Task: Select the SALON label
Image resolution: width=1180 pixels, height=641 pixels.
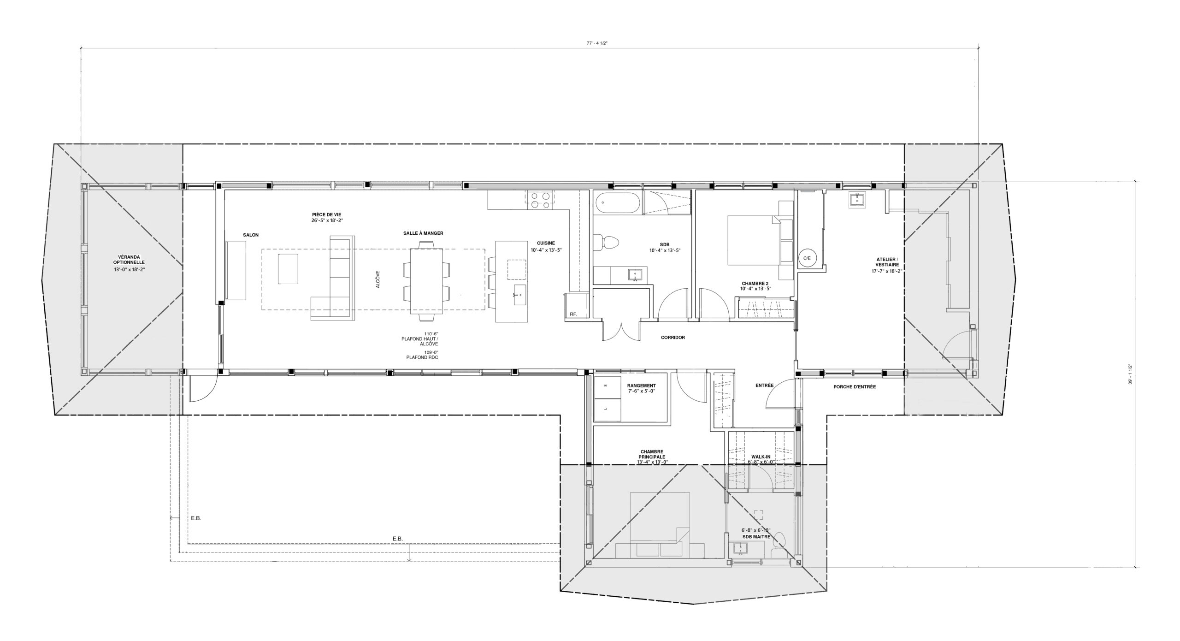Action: [251, 235]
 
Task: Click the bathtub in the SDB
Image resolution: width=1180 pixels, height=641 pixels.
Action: [618, 203]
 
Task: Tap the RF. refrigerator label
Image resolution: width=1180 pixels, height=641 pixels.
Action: [573, 314]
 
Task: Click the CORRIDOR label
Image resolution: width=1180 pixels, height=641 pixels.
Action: [673, 338]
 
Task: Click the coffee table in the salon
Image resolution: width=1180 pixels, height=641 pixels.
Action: [288, 268]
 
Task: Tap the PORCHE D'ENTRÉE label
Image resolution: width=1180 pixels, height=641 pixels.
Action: [855, 387]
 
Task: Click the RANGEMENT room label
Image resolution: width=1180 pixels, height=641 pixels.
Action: [641, 388]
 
